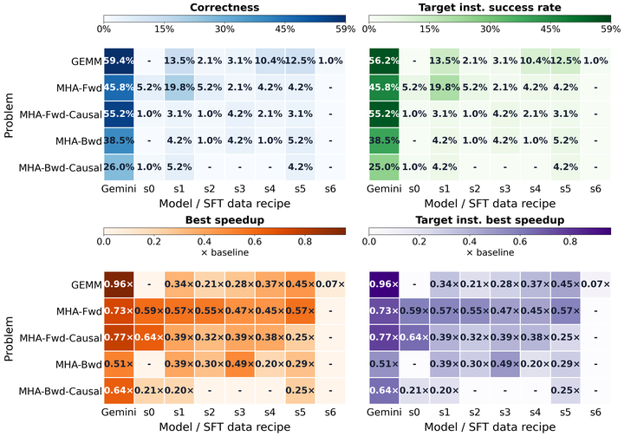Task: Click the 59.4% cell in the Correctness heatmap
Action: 119,61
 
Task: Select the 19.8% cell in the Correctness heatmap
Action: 179,88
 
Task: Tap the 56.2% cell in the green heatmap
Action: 384,61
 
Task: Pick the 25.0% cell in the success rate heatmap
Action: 384,167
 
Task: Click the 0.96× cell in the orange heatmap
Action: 119,284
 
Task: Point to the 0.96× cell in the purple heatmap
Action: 384,284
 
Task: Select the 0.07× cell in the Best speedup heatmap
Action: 330,284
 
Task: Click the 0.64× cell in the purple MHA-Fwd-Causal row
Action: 414,338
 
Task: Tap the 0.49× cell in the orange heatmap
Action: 239,364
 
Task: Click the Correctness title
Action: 224,7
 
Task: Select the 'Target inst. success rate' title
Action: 490,7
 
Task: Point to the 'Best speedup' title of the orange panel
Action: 224,220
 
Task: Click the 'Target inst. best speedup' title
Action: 490,220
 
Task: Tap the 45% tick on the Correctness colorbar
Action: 285,29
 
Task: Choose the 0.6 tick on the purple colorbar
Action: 520,242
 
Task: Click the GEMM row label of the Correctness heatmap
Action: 87,62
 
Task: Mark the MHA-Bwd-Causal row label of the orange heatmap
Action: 60,392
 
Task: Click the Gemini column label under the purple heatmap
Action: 384,412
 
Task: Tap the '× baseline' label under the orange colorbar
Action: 224,252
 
